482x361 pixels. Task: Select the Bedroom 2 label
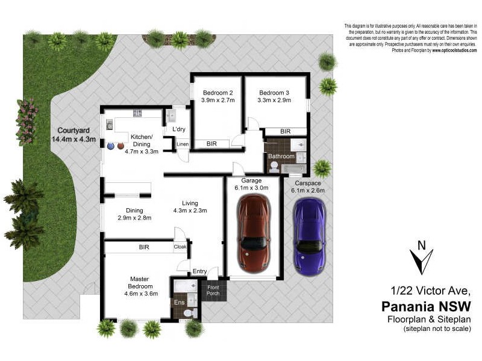tap(218, 93)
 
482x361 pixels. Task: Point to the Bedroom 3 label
tap(274, 93)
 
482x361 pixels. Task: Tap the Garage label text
tap(251, 180)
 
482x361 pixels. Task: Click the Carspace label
tap(308, 183)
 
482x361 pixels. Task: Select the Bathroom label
tap(281, 156)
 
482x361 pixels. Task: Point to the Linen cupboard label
tap(183, 144)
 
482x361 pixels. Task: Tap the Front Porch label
tap(214, 290)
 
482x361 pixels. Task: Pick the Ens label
tap(179, 303)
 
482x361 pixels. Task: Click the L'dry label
tap(179, 129)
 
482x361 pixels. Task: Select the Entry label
tap(199, 271)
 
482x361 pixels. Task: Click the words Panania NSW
tap(425, 306)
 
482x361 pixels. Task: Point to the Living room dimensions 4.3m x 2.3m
tap(190, 211)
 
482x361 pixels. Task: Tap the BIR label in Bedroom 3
tap(286, 131)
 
